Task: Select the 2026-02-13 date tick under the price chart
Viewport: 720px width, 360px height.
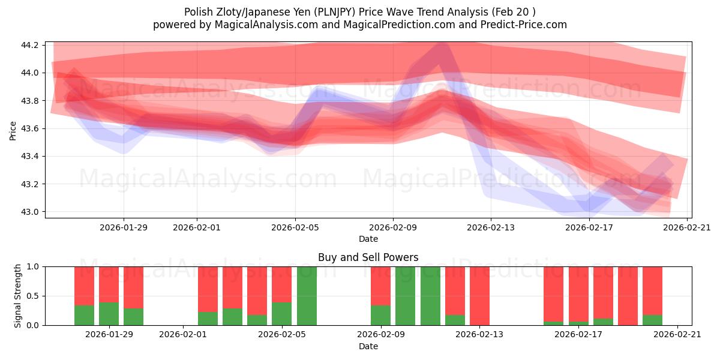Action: (491, 227)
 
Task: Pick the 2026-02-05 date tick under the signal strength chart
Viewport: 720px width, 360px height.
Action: (282, 335)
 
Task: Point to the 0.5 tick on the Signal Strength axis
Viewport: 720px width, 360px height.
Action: (34, 296)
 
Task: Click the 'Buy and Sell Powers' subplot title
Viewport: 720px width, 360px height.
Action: (368, 257)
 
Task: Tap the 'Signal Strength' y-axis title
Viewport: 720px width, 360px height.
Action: (18, 296)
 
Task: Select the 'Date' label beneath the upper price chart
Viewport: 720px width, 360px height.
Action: (368, 239)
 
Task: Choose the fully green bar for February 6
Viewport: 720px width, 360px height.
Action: (307, 296)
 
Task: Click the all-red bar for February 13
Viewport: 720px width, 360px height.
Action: (479, 296)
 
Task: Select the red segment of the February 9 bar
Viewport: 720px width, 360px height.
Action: (380, 286)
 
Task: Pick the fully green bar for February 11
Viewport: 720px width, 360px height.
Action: (430, 296)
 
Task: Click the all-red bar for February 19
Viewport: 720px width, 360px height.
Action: (628, 296)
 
